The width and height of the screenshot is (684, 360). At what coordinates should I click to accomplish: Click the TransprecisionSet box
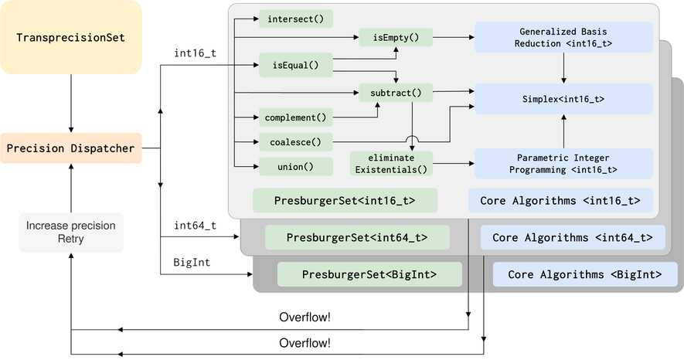click(x=71, y=38)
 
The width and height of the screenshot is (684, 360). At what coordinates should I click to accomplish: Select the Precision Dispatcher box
click(x=71, y=148)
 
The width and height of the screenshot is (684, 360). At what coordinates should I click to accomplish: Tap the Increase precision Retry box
click(x=71, y=233)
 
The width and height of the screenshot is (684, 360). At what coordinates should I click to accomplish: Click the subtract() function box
click(x=396, y=93)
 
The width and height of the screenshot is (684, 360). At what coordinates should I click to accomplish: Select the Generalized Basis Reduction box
click(x=563, y=37)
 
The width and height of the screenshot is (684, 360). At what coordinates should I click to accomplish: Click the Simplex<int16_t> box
click(x=563, y=100)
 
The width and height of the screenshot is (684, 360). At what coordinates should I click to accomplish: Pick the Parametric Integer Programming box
click(x=563, y=163)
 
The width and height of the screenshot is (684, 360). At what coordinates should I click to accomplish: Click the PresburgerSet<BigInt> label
click(x=369, y=274)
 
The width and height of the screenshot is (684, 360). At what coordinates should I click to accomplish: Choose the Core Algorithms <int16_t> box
click(x=560, y=201)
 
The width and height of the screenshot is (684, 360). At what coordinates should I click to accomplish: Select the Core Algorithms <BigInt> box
click(x=584, y=274)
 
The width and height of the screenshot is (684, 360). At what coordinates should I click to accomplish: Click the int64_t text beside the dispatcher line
click(x=194, y=225)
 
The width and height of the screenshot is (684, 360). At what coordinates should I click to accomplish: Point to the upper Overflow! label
click(x=305, y=318)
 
